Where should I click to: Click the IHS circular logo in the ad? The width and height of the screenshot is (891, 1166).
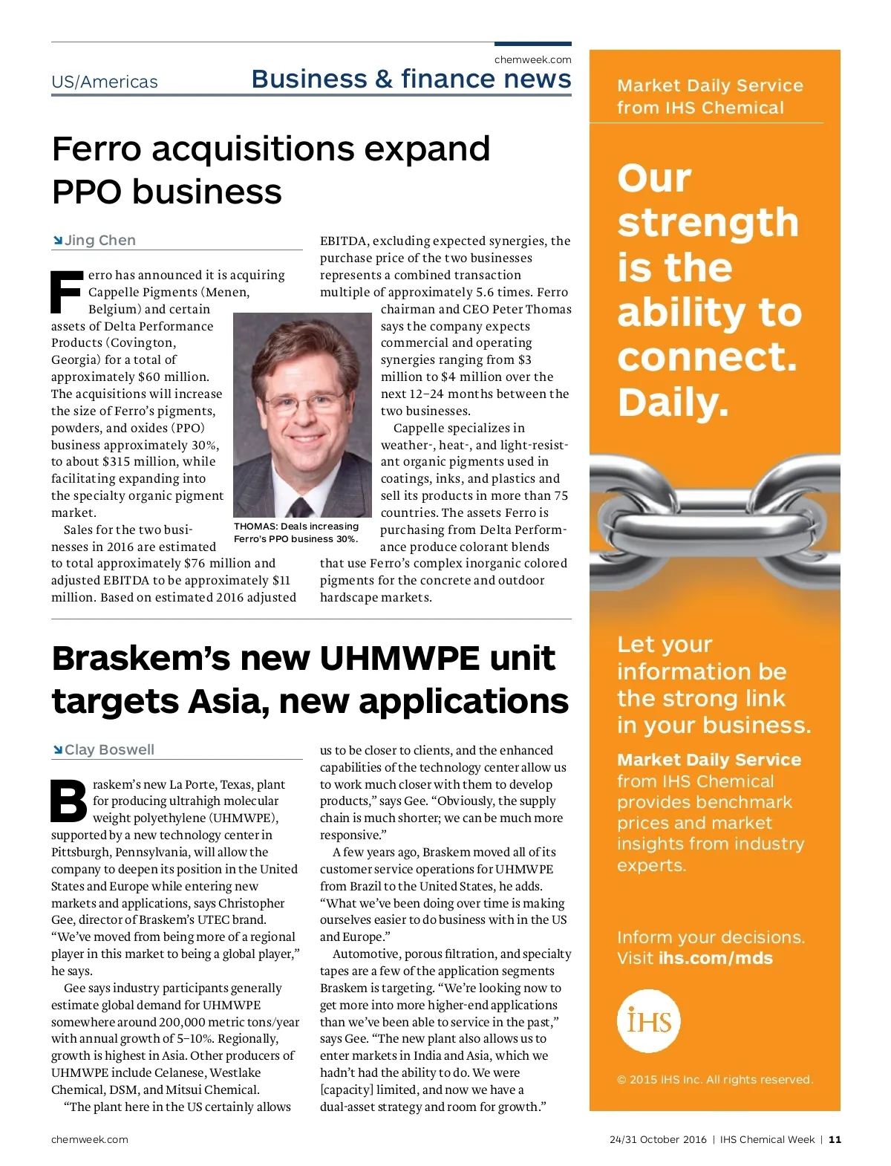pos(648,1020)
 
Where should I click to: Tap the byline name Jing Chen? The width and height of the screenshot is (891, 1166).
pos(100,240)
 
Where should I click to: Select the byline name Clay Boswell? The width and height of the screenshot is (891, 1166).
pos(109,749)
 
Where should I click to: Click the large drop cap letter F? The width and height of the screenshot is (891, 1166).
pos(67,292)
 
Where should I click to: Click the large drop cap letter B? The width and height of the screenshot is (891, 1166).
pos(69,801)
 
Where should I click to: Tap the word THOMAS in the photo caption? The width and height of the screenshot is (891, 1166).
pos(255,527)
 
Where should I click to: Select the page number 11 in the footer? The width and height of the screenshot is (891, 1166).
pos(835,1139)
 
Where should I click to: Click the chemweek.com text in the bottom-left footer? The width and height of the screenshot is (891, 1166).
pos(89,1139)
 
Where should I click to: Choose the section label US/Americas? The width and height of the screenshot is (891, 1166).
pos(105,82)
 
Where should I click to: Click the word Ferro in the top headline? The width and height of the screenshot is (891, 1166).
pos(97,149)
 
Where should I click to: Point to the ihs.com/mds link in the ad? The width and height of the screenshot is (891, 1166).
pos(715,958)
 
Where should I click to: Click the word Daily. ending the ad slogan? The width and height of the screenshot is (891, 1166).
pos(673,402)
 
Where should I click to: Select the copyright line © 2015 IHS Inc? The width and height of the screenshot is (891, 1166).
pos(714,1079)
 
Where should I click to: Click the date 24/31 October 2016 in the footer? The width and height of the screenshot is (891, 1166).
pos(658,1139)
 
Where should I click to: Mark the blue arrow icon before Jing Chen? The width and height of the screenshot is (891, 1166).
pos(57,240)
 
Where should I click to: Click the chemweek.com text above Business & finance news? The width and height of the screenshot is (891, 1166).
pos(532,59)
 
